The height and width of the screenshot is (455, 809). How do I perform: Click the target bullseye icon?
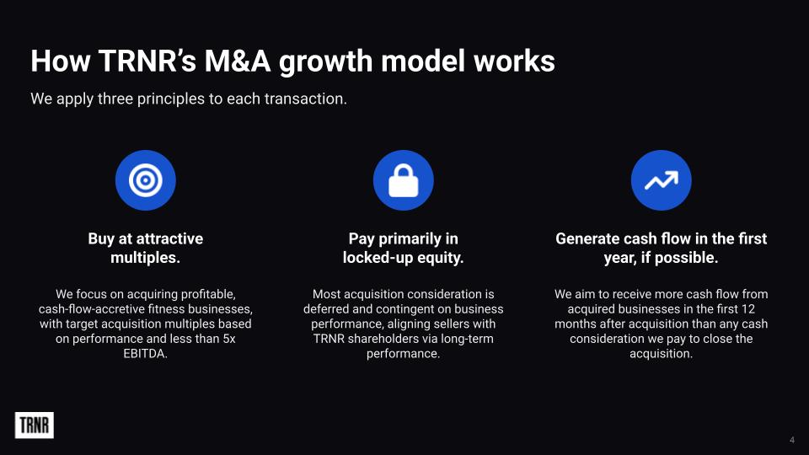coord(146,180)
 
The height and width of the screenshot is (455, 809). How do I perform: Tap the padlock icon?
coord(404,180)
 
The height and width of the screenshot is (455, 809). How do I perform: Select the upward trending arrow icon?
coord(661,180)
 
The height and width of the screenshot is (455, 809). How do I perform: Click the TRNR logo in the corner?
coord(34,425)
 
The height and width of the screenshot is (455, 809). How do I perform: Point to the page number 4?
coord(792,440)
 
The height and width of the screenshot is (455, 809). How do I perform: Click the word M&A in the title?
coord(238,61)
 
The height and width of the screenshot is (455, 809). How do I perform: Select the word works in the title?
coord(514,61)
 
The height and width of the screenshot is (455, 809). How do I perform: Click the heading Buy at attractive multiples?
coord(146,248)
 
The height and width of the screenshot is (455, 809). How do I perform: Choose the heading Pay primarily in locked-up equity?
coord(404,248)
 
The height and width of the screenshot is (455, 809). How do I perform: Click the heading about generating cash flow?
coord(661,248)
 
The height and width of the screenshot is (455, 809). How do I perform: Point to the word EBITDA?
coord(146,354)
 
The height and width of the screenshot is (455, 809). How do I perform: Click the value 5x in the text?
coord(228,339)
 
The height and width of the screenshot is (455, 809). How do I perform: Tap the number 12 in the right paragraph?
coord(747,309)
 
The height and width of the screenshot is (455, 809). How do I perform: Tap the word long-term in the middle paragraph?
coord(467,339)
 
